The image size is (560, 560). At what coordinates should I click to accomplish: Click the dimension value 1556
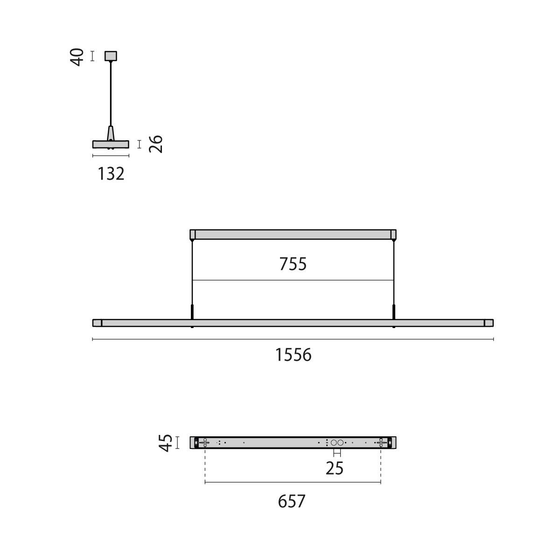(x=293, y=355)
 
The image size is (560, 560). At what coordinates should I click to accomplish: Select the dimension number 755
(x=293, y=264)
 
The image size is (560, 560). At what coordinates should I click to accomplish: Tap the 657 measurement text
(x=292, y=502)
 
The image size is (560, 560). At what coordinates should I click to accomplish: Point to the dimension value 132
(x=111, y=174)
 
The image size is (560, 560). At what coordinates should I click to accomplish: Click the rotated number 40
(x=77, y=56)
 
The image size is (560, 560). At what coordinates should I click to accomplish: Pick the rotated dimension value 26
(x=156, y=144)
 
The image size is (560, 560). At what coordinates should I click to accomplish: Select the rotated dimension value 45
(x=166, y=442)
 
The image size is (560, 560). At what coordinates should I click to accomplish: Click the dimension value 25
(x=334, y=468)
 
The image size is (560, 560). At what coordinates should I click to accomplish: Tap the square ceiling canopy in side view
(x=111, y=56)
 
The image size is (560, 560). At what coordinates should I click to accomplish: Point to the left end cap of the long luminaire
(x=97, y=323)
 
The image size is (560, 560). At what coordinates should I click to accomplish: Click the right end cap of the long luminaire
(x=489, y=323)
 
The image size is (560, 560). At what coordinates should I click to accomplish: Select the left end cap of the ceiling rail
(x=192, y=234)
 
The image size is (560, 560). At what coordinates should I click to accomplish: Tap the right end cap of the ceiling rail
(x=393, y=234)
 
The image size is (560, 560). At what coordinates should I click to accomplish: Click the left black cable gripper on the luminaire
(x=192, y=312)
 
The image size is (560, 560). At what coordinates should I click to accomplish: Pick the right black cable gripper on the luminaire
(x=393, y=312)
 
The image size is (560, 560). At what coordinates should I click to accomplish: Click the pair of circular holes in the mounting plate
(x=337, y=442)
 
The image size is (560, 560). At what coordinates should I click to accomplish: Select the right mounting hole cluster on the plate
(x=381, y=442)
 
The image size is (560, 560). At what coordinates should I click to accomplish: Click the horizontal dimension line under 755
(x=293, y=280)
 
